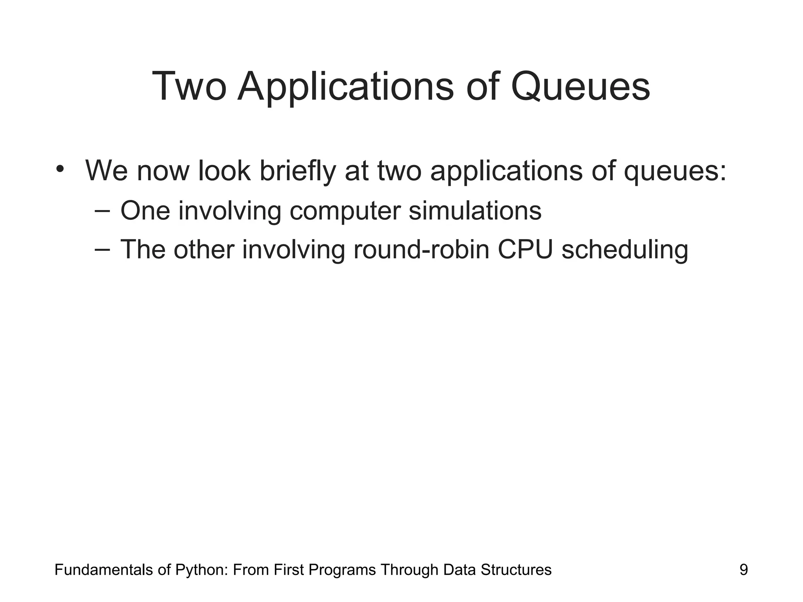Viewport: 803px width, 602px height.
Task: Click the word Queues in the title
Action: [580, 87]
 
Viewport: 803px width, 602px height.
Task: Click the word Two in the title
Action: [189, 87]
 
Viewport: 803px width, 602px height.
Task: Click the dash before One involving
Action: [102, 210]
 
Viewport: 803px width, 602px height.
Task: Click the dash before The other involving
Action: [102, 249]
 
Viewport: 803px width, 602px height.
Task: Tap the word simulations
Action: [475, 210]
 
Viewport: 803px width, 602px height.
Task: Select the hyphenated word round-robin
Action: [421, 249]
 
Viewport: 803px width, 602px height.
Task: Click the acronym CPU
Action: [525, 249]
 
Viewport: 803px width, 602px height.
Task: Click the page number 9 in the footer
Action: [743, 569]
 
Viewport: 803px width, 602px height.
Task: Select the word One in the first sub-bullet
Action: [145, 210]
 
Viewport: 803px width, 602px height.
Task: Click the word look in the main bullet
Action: [224, 171]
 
